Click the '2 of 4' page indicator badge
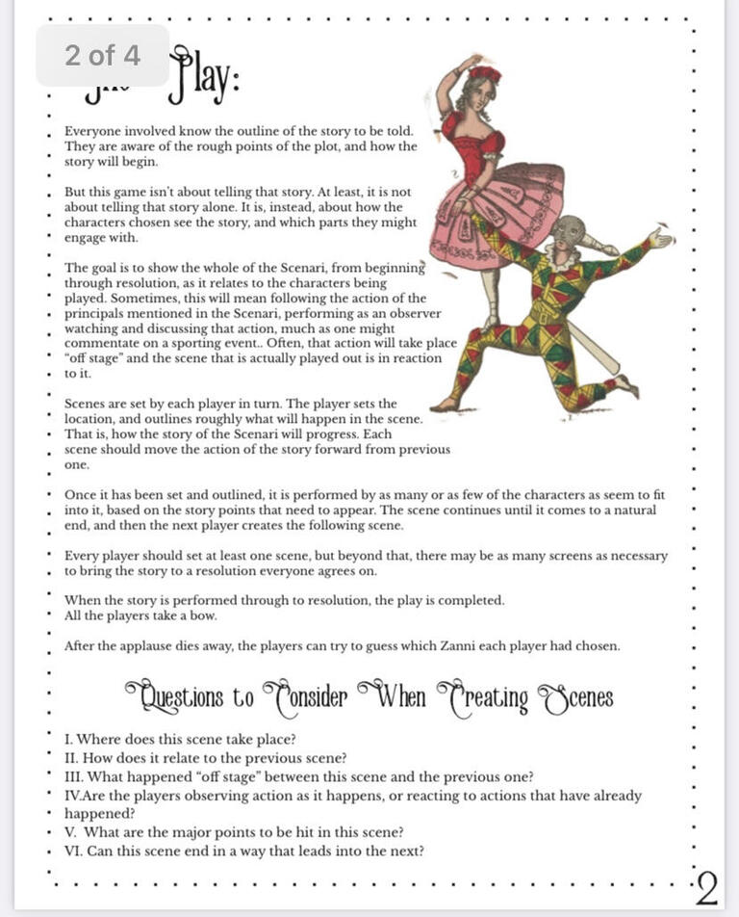click(x=102, y=56)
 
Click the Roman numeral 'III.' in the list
click(x=76, y=777)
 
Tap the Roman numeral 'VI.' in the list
click(x=77, y=851)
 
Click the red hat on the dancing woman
click(x=486, y=73)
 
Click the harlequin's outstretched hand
click(x=661, y=236)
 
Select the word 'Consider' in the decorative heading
click(x=305, y=696)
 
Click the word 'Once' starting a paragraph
click(x=80, y=494)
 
